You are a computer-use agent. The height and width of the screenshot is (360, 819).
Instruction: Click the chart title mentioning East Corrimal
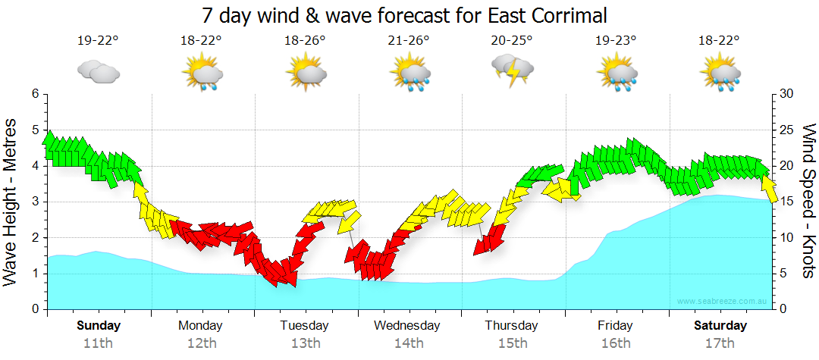(x=405, y=15)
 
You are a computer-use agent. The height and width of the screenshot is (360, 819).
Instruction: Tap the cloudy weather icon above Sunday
(x=98, y=73)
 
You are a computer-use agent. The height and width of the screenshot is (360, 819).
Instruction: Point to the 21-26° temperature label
(x=409, y=41)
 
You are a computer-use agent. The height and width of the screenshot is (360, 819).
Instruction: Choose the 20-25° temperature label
(x=512, y=41)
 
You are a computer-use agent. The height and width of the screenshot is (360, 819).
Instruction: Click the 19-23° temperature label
(x=616, y=41)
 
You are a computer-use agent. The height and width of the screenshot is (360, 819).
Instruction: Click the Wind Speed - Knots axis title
(x=807, y=201)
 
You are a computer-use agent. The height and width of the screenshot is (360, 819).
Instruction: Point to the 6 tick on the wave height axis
(x=34, y=94)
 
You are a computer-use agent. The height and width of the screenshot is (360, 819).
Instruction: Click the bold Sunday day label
(x=99, y=326)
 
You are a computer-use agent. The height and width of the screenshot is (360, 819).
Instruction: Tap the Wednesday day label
(x=407, y=326)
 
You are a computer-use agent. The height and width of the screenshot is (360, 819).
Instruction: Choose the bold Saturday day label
(x=720, y=326)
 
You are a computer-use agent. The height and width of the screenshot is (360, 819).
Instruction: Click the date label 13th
(x=305, y=343)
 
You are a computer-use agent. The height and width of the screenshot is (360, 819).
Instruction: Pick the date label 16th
(x=615, y=343)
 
